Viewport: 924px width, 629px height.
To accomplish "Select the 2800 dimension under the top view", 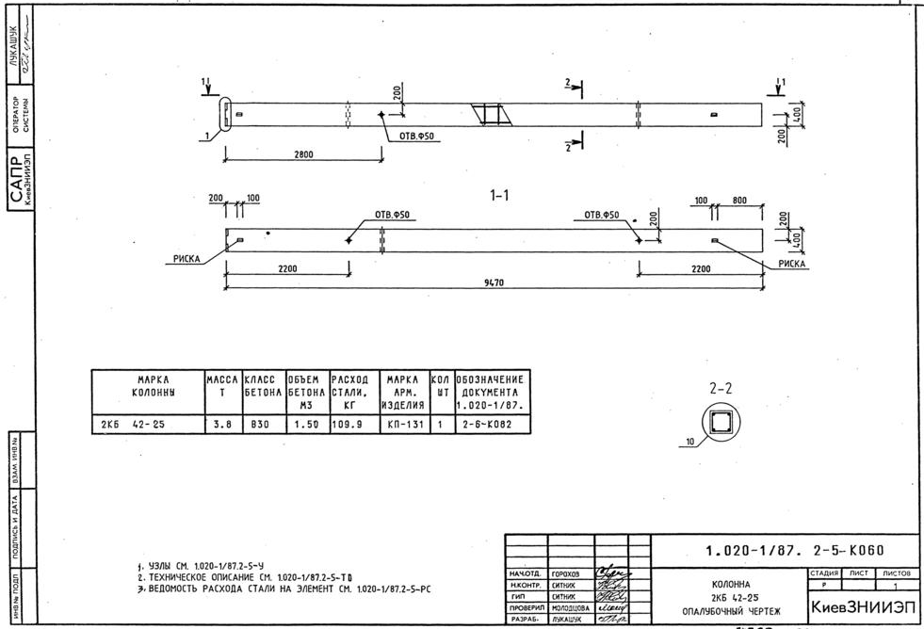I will click(x=303, y=155).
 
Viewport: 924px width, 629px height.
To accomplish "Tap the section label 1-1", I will click(x=498, y=196).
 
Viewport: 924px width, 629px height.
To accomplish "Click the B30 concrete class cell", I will click(x=261, y=425).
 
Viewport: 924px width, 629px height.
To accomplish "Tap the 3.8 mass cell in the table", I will click(x=221, y=425).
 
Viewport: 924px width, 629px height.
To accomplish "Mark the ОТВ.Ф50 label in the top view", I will click(x=420, y=137).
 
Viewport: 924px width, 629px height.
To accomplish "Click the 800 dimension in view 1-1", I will click(x=739, y=201).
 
